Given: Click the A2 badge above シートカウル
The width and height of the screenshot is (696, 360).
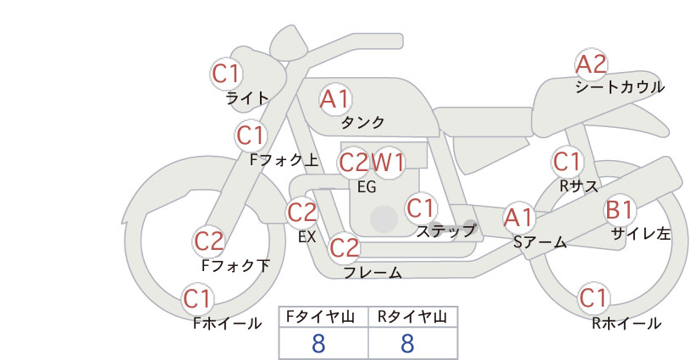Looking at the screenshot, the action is tap(591, 64).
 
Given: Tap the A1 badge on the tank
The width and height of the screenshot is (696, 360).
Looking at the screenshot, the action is tap(335, 99).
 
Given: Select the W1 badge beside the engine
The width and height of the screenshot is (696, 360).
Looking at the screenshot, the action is tap(388, 163).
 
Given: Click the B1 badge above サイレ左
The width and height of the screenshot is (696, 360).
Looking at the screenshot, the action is tap(620, 210).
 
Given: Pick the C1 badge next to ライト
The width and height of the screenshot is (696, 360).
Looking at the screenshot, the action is tap(226, 74).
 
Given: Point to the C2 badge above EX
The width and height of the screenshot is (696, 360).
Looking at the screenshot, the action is tap(301, 212).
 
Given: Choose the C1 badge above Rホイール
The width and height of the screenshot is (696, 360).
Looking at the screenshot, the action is tap(594, 298).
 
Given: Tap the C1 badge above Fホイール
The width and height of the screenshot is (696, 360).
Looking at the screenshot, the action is tap(197, 299).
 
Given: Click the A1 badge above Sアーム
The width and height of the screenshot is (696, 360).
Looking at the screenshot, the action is tap(518, 218).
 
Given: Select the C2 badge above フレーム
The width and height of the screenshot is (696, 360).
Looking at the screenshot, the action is tap(345, 247).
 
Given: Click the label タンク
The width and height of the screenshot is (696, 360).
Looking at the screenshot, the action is tap(362, 123).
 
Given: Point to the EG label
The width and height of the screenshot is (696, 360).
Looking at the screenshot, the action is tap(367, 187).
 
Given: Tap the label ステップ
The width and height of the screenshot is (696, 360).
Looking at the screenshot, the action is tap(445, 231).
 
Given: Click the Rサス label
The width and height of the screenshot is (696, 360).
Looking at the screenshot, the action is tap(579, 186).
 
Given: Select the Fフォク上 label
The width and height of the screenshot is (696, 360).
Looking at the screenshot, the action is tap(284, 160).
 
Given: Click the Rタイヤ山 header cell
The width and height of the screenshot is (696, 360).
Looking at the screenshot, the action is tap(413, 317).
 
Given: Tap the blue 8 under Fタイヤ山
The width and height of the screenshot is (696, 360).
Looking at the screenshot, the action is tap(318, 343).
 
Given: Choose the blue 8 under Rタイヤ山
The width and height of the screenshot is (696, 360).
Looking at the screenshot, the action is tap(407, 343).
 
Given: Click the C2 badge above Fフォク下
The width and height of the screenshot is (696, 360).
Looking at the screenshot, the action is tap(208, 241).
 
